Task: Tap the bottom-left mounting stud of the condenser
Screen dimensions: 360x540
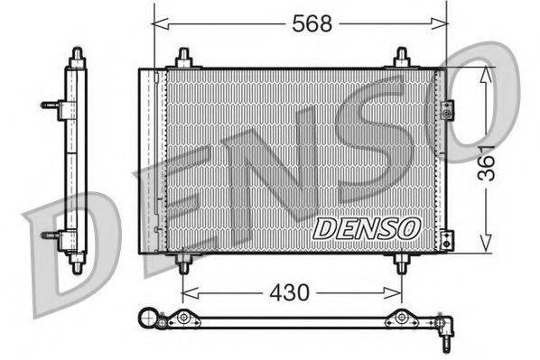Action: point(183,263)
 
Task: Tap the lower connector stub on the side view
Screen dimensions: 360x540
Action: point(51,235)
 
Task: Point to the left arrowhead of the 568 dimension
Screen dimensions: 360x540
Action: point(158,24)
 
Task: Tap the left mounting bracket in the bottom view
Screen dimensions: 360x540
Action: point(185,318)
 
